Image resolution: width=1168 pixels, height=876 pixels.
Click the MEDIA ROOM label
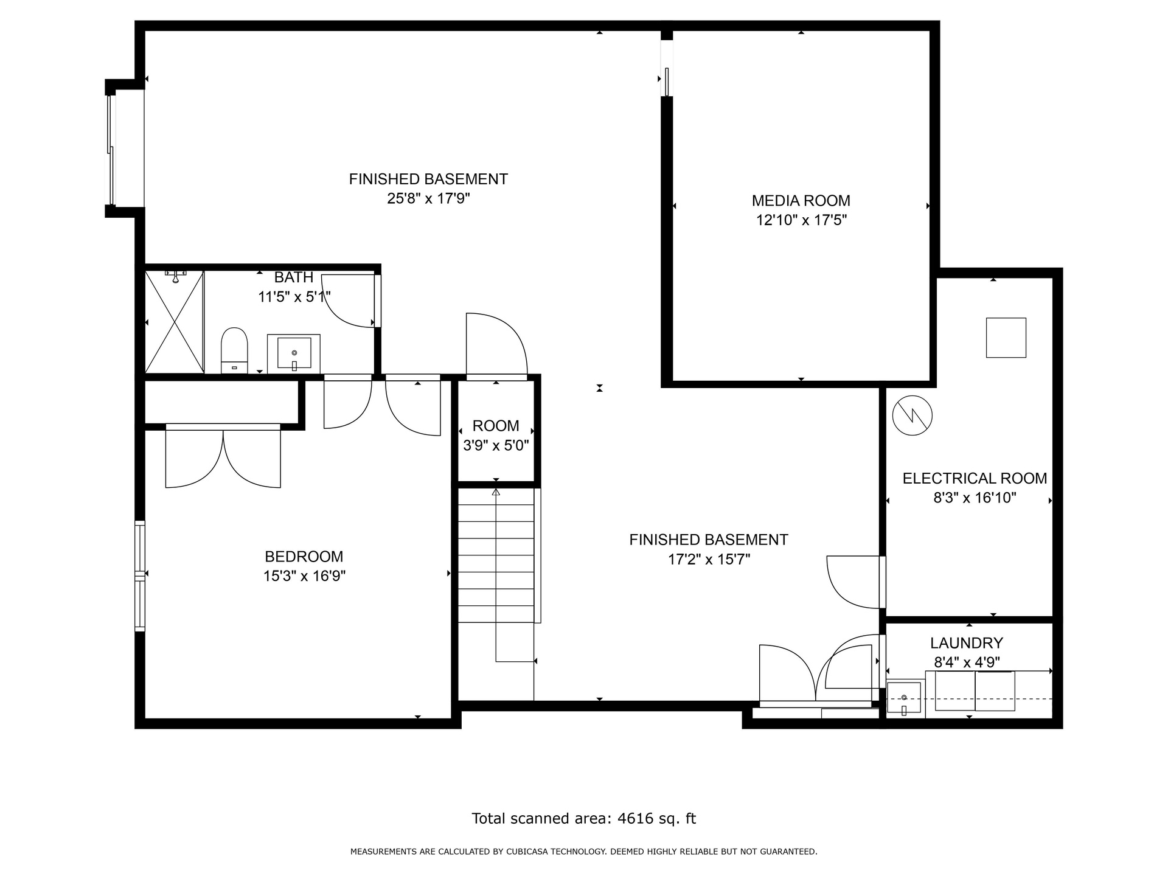[x=801, y=201]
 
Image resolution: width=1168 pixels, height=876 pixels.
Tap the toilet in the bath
[x=234, y=350]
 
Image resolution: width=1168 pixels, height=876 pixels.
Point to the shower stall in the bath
[x=175, y=322]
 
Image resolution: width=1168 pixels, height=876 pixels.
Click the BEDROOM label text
[x=304, y=557]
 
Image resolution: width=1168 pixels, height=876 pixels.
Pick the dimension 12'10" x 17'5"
[x=801, y=220]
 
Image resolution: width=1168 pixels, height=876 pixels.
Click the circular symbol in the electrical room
[x=912, y=415]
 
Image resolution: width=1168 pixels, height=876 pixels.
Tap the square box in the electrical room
[x=1006, y=338]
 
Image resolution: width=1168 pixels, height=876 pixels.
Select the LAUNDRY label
[x=966, y=643]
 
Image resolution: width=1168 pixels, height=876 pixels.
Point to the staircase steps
[x=496, y=555]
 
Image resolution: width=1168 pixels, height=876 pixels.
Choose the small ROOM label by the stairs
[x=496, y=426]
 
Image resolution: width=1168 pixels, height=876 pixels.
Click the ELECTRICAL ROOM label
[x=975, y=479]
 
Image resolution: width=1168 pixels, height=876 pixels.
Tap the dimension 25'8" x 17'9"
[x=428, y=199]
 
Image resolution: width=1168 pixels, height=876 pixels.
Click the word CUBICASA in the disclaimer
[x=528, y=852]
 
